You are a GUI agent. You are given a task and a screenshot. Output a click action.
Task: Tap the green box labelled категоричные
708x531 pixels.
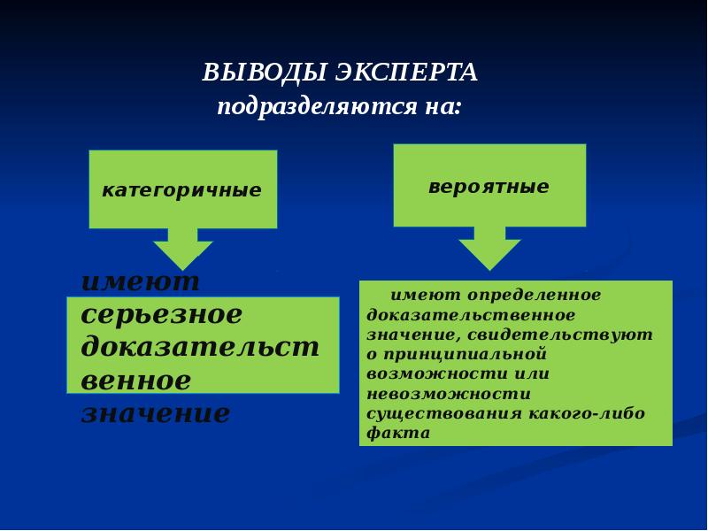182,189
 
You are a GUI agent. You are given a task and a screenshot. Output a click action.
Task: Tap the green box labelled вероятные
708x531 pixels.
489,187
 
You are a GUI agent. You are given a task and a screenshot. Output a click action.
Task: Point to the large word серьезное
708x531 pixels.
161,315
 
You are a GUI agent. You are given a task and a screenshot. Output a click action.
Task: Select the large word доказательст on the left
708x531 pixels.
200,348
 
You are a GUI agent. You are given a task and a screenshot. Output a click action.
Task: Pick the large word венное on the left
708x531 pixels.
135,381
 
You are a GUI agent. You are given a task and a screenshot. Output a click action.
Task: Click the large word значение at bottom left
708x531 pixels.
155,413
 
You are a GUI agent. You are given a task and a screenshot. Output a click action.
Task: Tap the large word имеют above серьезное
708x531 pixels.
141,282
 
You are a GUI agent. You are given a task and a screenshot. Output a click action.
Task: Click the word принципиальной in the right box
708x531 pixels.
458,354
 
